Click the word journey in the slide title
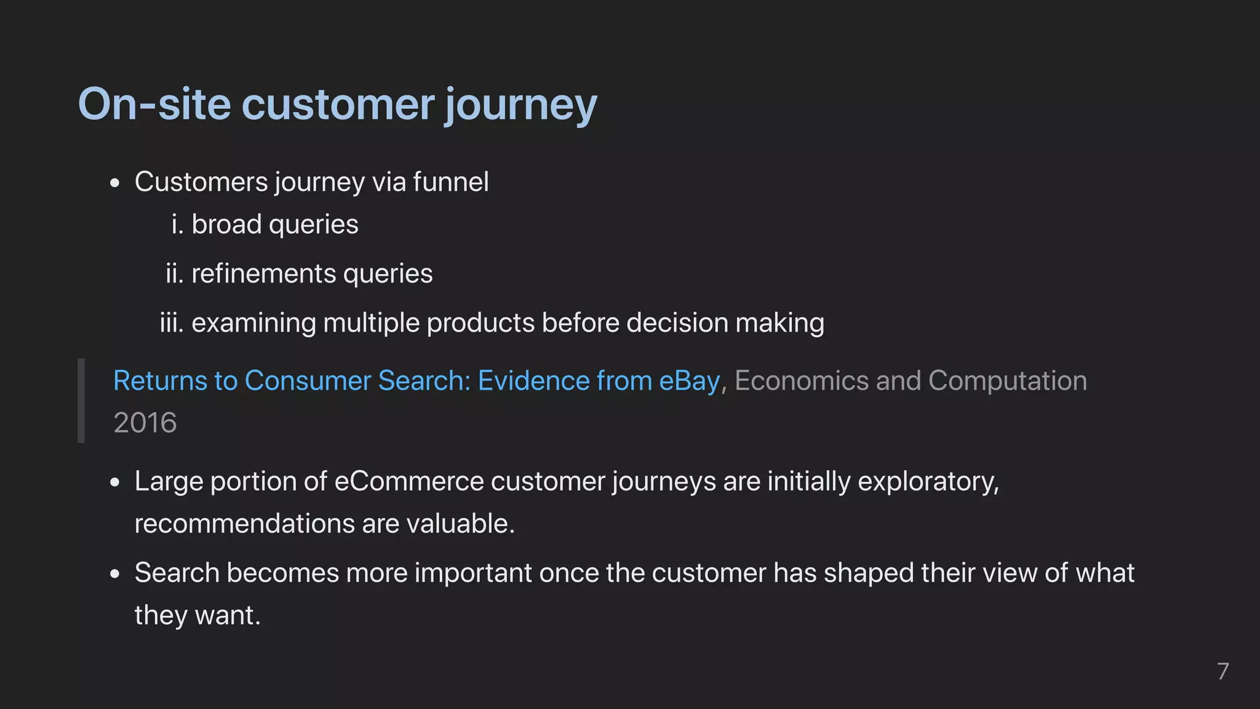[x=520, y=105]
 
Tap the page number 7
[x=1222, y=671]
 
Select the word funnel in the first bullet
[x=451, y=182]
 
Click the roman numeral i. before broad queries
[x=178, y=224]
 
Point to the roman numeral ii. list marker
[x=175, y=273]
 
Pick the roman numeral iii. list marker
[x=172, y=322]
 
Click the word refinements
[x=263, y=273]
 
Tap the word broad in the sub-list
[x=226, y=224]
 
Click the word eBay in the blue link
[x=689, y=380]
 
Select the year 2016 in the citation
[x=145, y=423]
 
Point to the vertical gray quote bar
[x=81, y=401]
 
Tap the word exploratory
[x=928, y=481]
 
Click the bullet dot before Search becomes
[x=115, y=574]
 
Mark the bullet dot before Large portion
[x=115, y=483]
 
